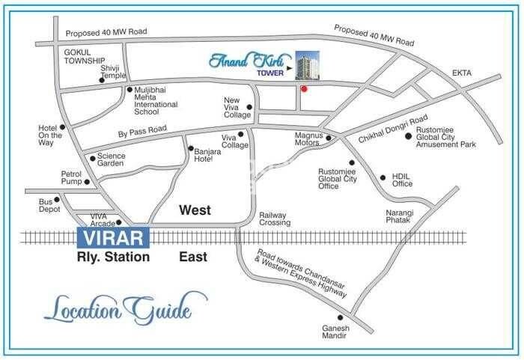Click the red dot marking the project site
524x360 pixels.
point(303,89)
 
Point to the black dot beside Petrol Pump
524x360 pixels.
point(88,182)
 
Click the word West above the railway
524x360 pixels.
point(196,212)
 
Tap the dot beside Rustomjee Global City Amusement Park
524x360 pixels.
point(409,136)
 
